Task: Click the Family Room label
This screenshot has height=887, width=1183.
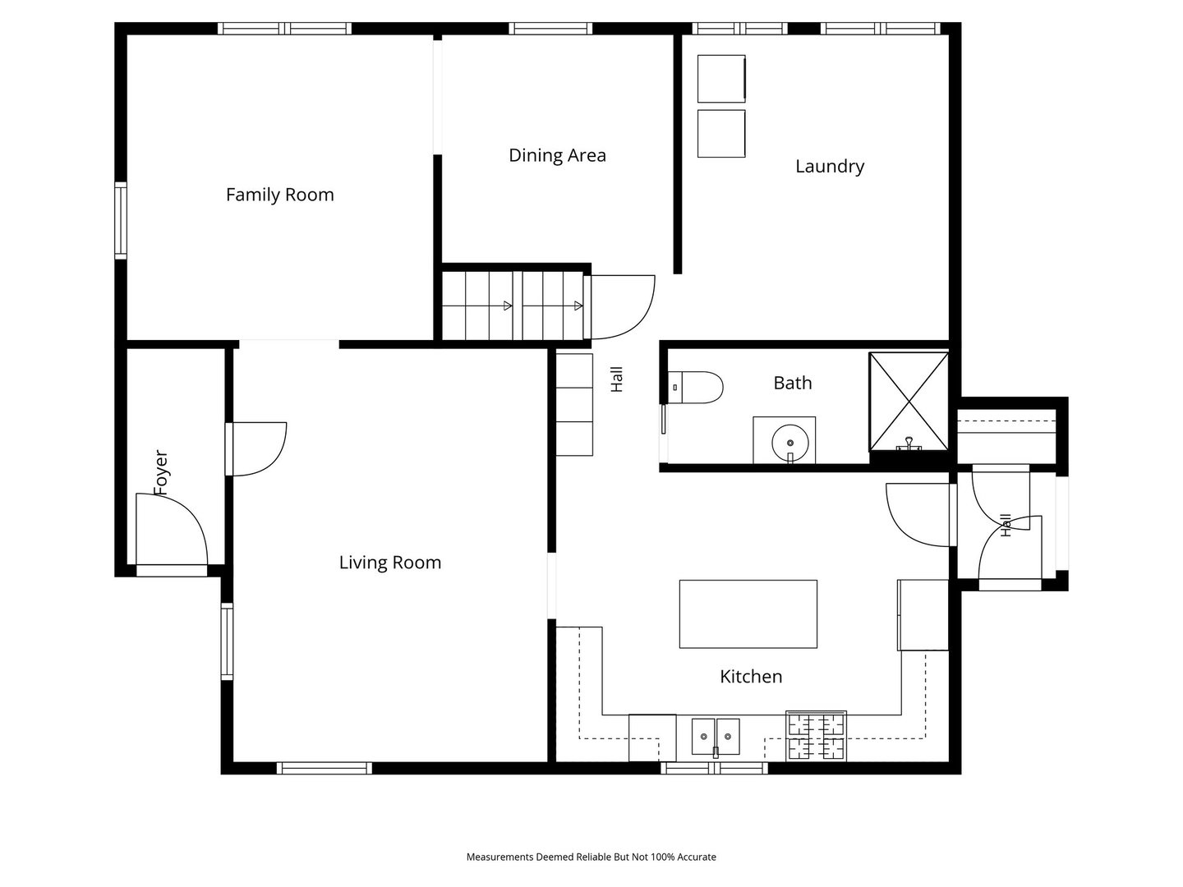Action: click(x=279, y=195)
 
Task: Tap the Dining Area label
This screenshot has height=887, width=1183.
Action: click(x=557, y=156)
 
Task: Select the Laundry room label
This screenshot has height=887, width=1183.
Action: click(x=830, y=167)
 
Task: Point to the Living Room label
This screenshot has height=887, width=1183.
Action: click(x=390, y=563)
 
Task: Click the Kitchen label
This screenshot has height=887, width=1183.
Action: click(x=751, y=677)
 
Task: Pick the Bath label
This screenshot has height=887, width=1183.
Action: click(x=792, y=383)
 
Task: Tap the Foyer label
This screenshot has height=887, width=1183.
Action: click(x=160, y=472)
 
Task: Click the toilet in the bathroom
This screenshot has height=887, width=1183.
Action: click(x=695, y=387)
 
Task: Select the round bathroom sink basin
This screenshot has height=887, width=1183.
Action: click(x=790, y=443)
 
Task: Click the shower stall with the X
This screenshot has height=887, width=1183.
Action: click(x=909, y=402)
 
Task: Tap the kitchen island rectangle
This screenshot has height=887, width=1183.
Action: click(x=748, y=614)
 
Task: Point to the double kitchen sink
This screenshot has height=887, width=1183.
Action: click(x=716, y=736)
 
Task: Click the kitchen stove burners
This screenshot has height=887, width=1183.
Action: click(x=816, y=736)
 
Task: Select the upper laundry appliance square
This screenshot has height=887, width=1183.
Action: click(x=721, y=79)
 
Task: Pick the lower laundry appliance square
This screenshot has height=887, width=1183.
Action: click(x=721, y=134)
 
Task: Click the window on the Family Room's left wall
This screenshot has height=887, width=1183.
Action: click(x=121, y=220)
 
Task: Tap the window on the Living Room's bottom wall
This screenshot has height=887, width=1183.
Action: click(x=325, y=768)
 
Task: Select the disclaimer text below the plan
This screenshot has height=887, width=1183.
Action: click(x=591, y=857)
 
